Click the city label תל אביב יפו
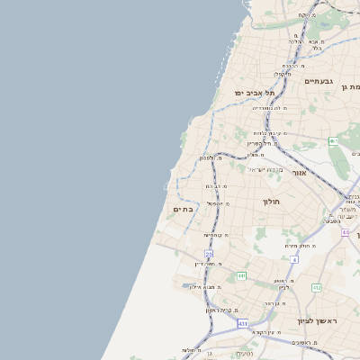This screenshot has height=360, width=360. pyautogui.click(x=256, y=93)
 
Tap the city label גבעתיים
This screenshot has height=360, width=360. pyautogui.click(x=319, y=81)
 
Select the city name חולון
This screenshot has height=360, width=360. pyautogui.click(x=272, y=202)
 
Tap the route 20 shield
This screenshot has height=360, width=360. pyautogui.click(x=209, y=255)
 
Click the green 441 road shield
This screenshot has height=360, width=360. pyautogui.click(x=241, y=275)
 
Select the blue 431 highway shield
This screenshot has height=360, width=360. pyautogui.click(x=242, y=322)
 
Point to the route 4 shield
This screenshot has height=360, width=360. pyautogui.click(x=293, y=259)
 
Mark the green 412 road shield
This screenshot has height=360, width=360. pyautogui.click(x=317, y=287)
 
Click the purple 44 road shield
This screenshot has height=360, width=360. pyautogui.click(x=345, y=232)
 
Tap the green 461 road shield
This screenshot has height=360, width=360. pyautogui.click(x=334, y=141)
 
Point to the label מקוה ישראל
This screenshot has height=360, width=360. pyautogui.click(x=265, y=170)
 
